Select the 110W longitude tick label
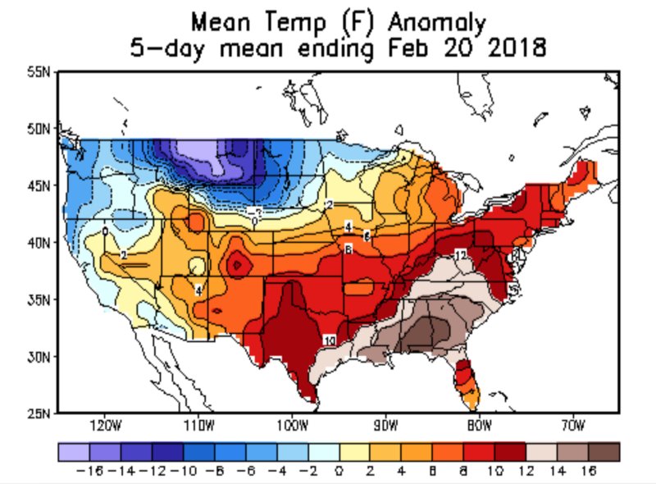pos(198,427)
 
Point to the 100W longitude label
pos(292,427)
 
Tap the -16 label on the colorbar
pos(86,473)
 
